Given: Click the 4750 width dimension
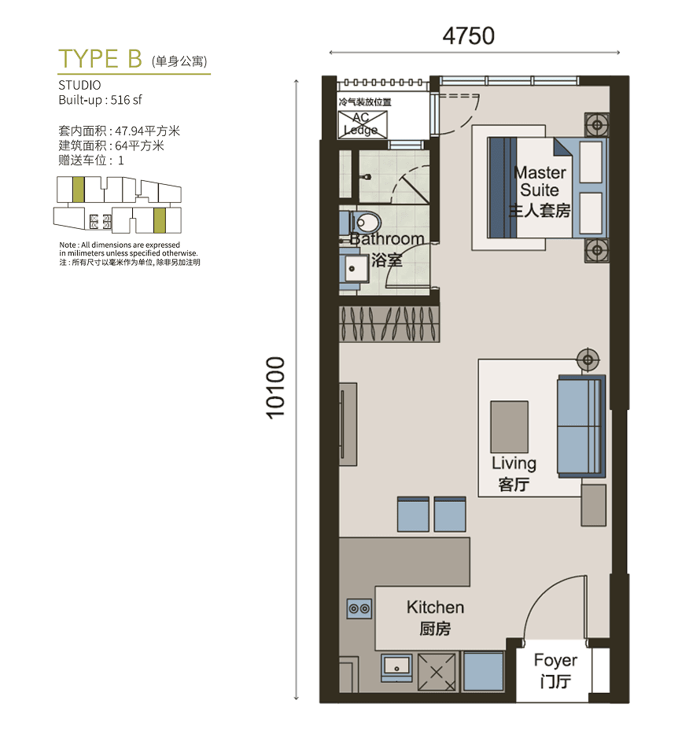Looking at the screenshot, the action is pos(469,36).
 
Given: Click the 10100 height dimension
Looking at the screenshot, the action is pos(275,388).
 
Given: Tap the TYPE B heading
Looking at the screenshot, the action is pos(100,59).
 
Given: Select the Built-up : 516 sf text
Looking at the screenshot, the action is pos(100,100).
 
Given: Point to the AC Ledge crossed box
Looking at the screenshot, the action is pos(363,124).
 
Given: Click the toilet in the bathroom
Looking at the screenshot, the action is pos(365,223).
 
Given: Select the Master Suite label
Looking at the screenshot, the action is pos(540,181).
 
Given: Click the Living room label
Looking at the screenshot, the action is pos(514,463).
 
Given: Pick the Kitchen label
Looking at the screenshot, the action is pos(436,607).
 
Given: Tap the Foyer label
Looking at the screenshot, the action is pos(555,660).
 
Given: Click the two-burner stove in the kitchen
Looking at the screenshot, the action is pos(359,609).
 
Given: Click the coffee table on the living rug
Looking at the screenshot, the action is pos(510,427).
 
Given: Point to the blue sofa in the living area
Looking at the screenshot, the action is pos(581,426).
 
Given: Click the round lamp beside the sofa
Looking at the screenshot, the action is pos(588,359).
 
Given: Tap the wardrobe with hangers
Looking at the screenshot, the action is pos(389,324).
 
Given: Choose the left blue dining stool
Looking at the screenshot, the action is pos(413,514).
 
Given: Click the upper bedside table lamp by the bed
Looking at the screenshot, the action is pos(597,125).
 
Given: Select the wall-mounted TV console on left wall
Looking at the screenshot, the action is pos(348,424).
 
